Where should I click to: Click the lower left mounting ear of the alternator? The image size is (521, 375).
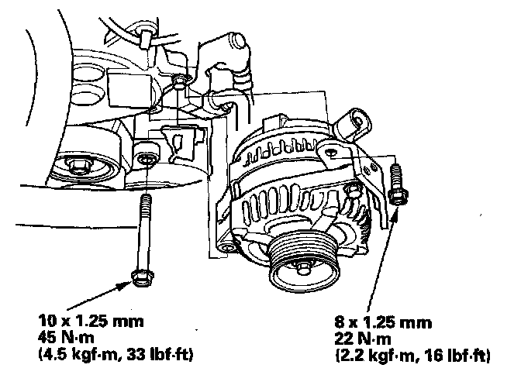(x=226, y=246)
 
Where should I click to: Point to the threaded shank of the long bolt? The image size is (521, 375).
(x=144, y=232)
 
